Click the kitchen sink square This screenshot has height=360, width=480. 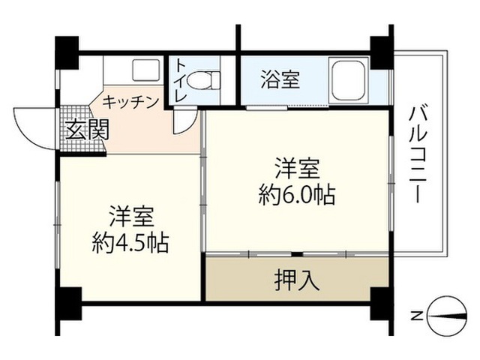click(x=142, y=70)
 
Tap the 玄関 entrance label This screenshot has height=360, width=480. click(x=85, y=130)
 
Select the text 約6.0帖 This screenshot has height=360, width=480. click(x=296, y=195)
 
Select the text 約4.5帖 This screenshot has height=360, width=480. click(x=130, y=242)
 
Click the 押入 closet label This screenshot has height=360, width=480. click(x=297, y=280)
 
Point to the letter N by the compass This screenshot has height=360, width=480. click(x=415, y=316)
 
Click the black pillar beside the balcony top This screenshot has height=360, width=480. click(x=380, y=51)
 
